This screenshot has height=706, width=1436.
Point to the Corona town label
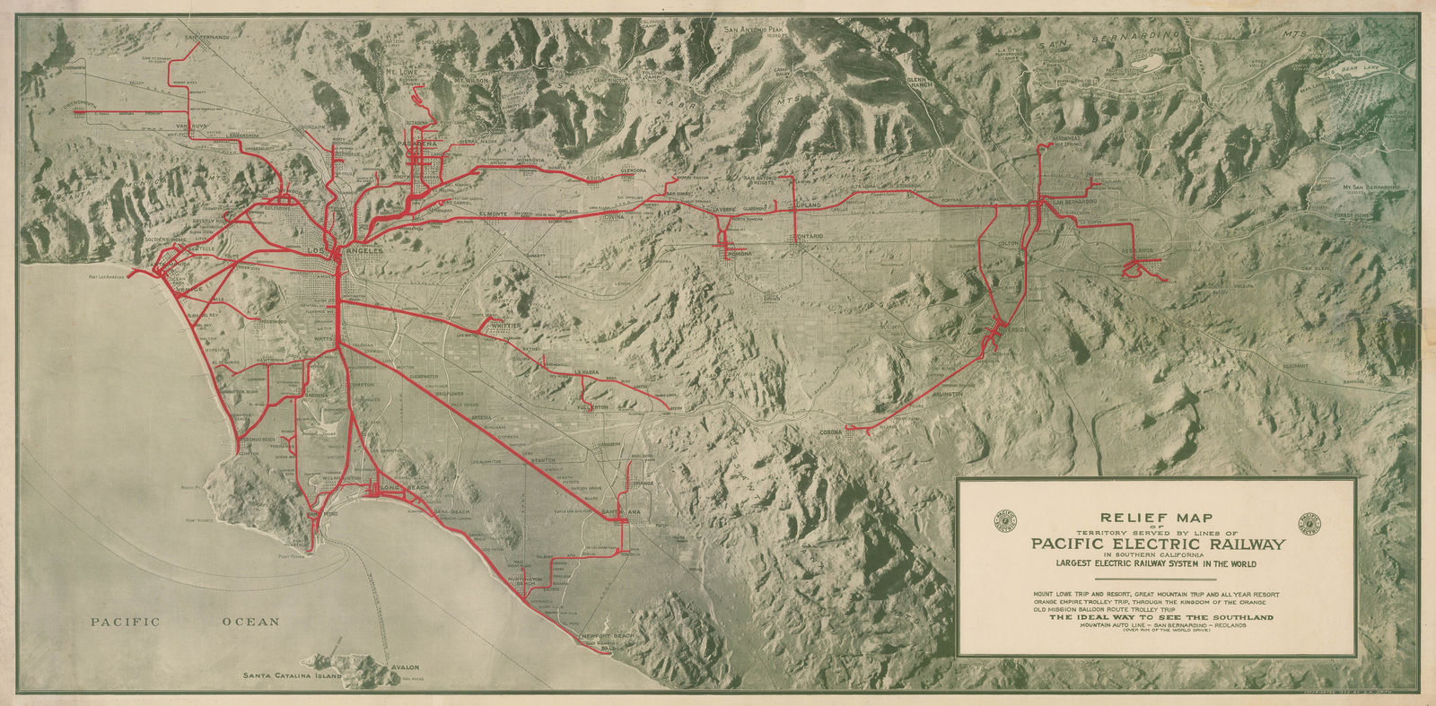pyautogui.click(x=834, y=433)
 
